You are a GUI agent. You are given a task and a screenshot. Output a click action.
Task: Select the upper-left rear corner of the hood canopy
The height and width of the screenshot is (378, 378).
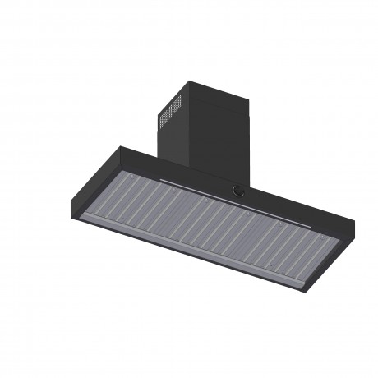[122, 147]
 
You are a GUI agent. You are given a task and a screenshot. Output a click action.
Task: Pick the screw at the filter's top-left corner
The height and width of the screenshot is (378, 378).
[127, 176]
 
